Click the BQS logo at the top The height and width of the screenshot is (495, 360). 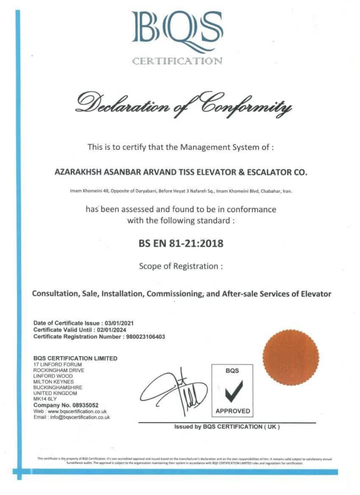pos(177,29)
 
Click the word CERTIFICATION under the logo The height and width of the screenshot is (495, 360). pos(177,61)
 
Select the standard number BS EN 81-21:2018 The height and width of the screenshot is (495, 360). pos(181,243)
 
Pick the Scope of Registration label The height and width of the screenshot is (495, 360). pos(181,266)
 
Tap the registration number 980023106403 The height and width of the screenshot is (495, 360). pos(145,336)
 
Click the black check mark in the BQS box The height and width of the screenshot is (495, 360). pos(232,390)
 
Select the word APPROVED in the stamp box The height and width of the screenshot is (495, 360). pos(233,411)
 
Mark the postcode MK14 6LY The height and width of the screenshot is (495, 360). pos(44,399)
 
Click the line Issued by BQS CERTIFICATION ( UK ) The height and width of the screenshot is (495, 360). pos(227,427)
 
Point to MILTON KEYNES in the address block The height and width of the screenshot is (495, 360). pos(54,381)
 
